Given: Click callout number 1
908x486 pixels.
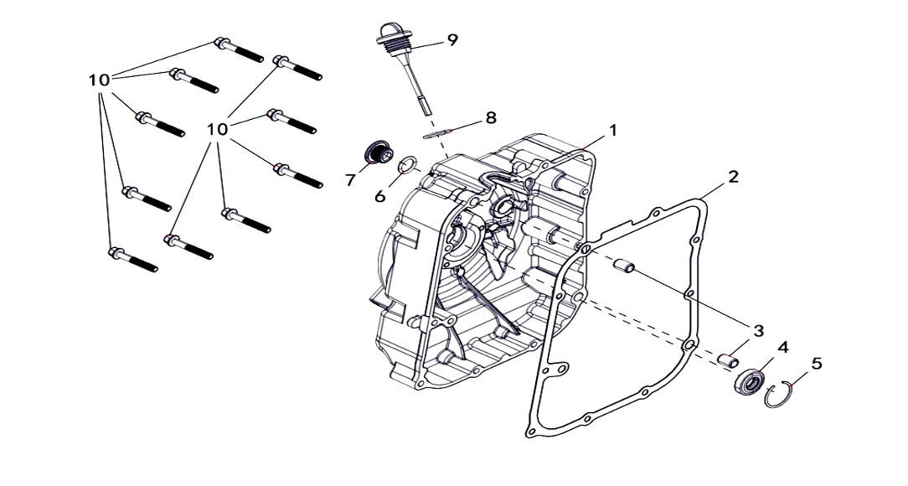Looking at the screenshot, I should [x=613, y=131].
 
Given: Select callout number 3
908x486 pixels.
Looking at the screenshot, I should [x=758, y=331].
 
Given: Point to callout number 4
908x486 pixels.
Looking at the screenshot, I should [x=783, y=347].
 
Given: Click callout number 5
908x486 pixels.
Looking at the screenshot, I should [x=817, y=364].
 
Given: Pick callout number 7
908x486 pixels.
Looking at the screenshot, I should [x=351, y=180].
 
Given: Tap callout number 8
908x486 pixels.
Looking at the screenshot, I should [x=491, y=117].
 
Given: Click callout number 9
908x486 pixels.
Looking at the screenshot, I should [x=452, y=39].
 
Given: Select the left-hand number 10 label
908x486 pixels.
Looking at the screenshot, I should [x=100, y=80].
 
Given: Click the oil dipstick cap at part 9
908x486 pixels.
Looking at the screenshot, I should [x=387, y=33].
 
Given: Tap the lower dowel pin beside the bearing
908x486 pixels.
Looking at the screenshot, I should [x=728, y=359].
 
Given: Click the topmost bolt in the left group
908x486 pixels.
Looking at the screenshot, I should [x=239, y=49].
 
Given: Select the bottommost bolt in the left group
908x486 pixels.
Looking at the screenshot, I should [x=133, y=260].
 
